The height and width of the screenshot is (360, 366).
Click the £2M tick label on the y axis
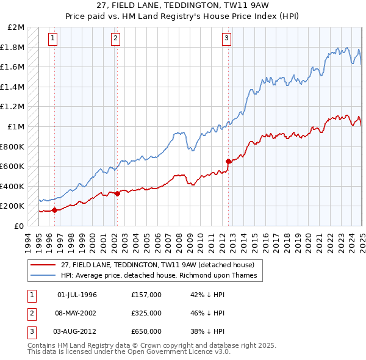tap(16, 27)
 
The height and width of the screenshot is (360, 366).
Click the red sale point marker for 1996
tap(55, 210)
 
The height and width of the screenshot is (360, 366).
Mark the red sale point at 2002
tap(118, 193)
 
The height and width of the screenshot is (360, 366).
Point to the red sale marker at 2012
tap(229, 161)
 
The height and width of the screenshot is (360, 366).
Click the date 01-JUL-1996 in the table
tap(77, 295)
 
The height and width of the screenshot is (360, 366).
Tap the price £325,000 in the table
tap(146, 313)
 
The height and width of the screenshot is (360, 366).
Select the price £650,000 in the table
tap(146, 331)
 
